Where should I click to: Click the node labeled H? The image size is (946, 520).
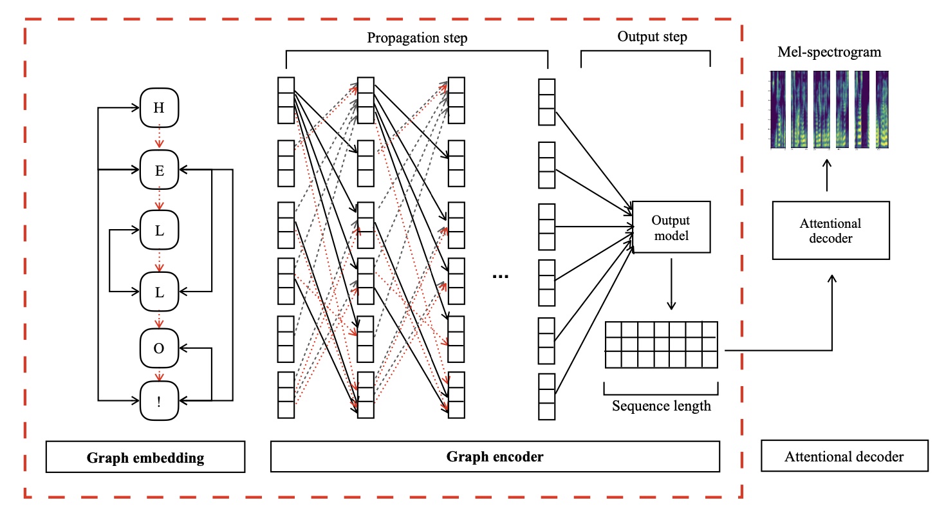(158, 108)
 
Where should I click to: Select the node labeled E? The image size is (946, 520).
(158, 171)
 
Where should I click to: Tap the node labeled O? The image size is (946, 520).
(158, 349)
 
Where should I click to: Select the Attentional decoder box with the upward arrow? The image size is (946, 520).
(830, 230)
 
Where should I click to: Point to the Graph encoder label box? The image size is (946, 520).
(494, 457)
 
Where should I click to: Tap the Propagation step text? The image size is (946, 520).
(417, 38)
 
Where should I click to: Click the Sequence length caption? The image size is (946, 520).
(661, 407)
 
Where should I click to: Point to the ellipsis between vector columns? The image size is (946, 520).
(500, 276)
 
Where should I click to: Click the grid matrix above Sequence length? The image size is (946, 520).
(661, 344)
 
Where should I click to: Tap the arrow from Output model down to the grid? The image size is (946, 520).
(671, 283)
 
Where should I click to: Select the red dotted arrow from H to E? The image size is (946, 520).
(158, 137)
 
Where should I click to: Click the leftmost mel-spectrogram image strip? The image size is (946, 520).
(778, 109)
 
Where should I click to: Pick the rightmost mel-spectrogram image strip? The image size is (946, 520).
(881, 109)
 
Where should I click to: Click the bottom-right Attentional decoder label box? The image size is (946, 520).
(844, 457)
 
